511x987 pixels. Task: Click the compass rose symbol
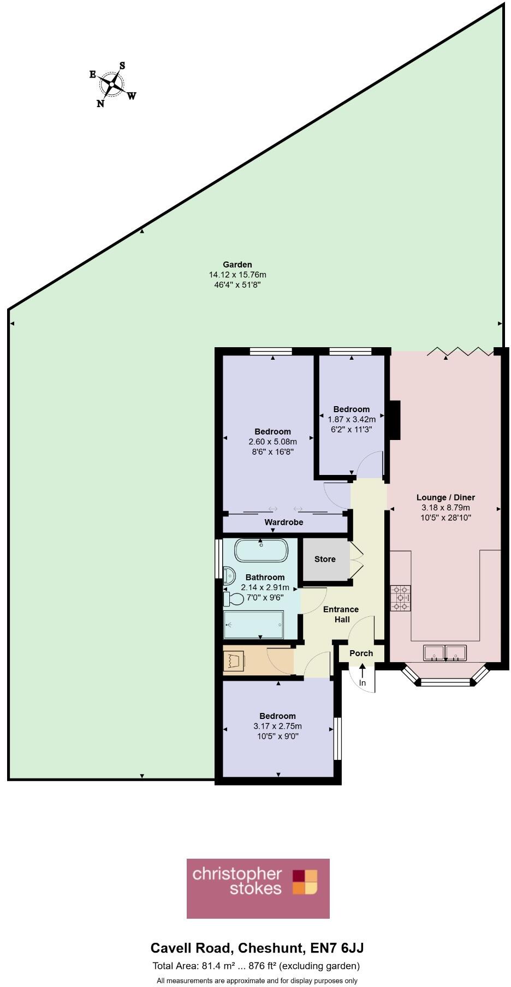[112, 84]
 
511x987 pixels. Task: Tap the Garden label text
[237, 265]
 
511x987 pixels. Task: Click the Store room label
[325, 559]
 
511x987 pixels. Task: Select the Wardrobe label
[283, 522]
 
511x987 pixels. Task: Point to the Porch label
[361, 653]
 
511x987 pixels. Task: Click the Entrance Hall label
[341, 614]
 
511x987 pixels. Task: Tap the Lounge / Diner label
[445, 497]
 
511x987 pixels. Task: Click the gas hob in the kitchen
[400, 598]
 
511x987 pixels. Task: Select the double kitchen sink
[445, 652]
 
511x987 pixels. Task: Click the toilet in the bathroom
[234, 599]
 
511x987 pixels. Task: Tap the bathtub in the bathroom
[261, 550]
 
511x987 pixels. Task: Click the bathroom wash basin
[229, 575]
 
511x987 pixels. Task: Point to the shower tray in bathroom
[254, 624]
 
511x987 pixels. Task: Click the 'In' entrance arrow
[363, 676]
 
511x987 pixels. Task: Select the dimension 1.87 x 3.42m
[352, 419]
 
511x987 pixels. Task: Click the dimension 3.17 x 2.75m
[277, 726]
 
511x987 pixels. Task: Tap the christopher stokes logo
[258, 889]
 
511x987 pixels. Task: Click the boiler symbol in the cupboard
[234, 661]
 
